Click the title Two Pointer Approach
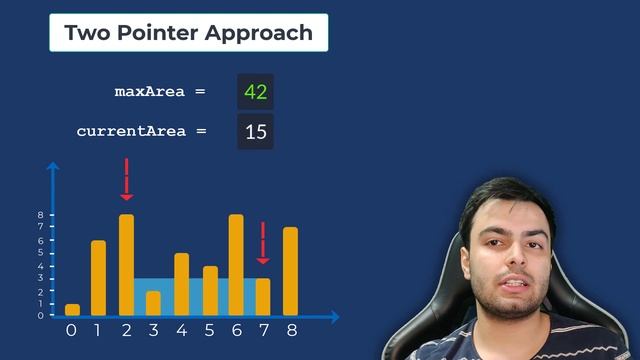[x=188, y=32]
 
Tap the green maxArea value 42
[x=255, y=92]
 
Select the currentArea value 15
[x=255, y=131]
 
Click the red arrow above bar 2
[x=126, y=180]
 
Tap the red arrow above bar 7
[x=263, y=243]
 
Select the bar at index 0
[x=72, y=310]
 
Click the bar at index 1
[x=99, y=278]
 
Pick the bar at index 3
[x=153, y=303]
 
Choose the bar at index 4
[x=181, y=284]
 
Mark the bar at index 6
[x=236, y=265]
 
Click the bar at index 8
[x=290, y=271]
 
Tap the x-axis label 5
[x=209, y=329]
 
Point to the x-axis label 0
[x=71, y=329]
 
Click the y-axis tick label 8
[x=40, y=215]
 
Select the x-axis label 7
[x=263, y=329]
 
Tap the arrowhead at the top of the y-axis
[x=54, y=167]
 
